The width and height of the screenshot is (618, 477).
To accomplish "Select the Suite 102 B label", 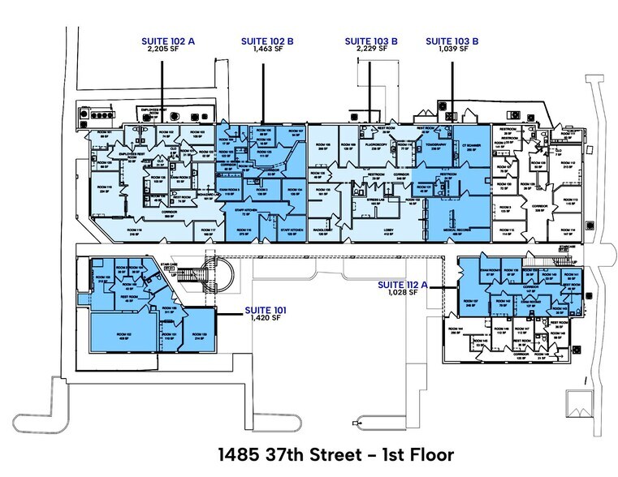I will [x=262, y=40].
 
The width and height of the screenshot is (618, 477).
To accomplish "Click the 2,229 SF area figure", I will [x=370, y=49].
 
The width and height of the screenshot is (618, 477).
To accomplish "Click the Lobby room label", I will [x=387, y=231].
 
